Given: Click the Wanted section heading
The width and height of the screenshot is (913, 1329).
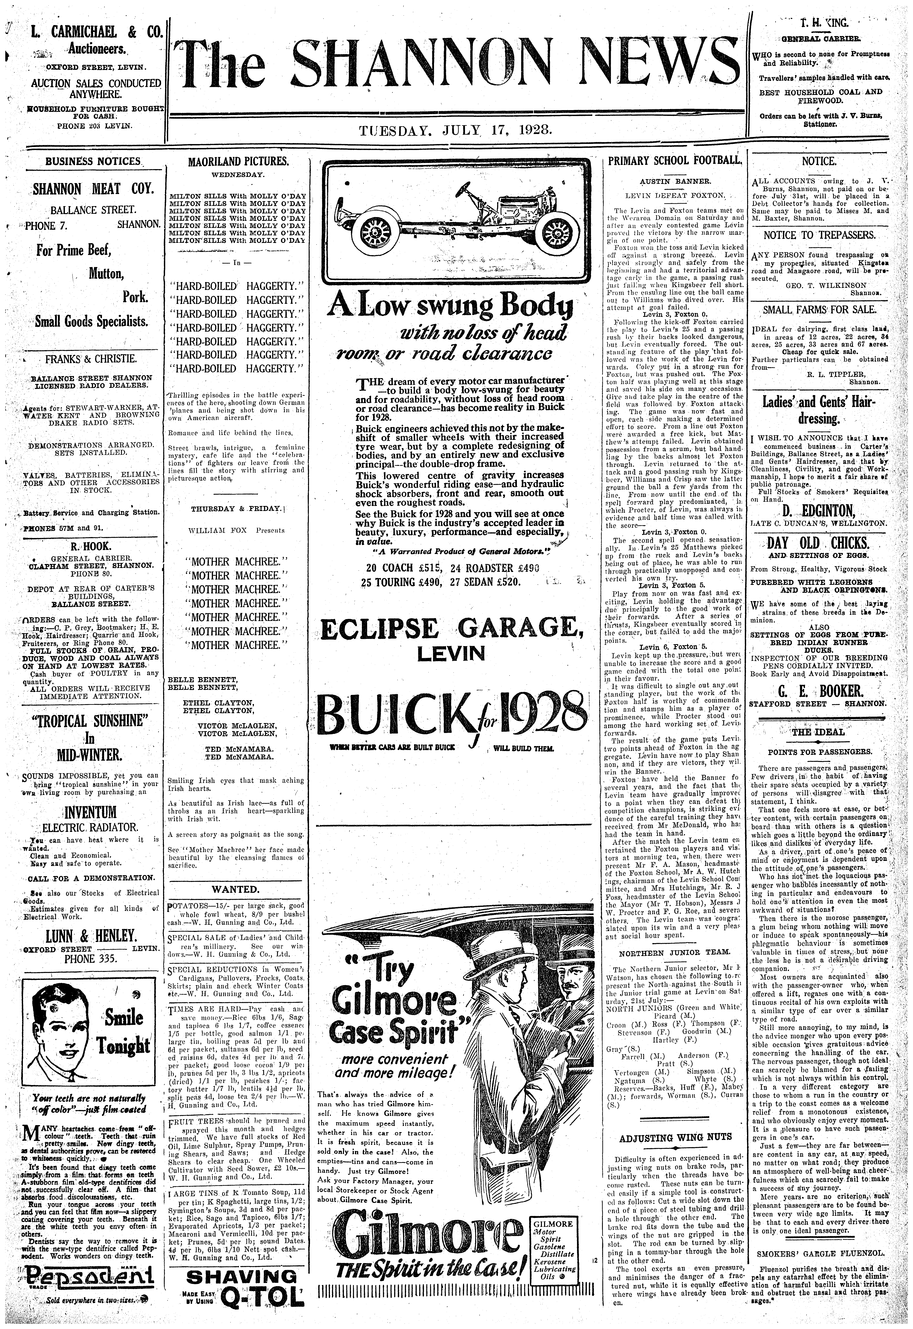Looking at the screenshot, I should coord(236,889).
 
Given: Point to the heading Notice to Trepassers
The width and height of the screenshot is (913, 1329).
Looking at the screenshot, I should coord(819,235).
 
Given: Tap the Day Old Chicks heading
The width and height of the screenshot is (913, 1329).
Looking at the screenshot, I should coord(819,543).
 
